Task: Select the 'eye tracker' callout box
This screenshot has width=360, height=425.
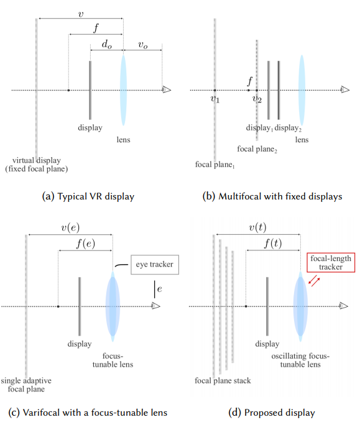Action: coord(152,265)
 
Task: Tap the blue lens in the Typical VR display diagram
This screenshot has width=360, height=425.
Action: coord(123,89)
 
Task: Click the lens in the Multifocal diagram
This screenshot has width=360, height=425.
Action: coord(302,89)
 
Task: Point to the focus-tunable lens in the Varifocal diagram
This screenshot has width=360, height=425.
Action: coord(113,306)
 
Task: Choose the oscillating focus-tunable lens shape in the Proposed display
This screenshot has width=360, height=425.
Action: coord(301,306)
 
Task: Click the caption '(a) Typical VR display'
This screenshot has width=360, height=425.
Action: coord(88,196)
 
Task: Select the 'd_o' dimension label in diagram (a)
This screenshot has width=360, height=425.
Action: coord(106,44)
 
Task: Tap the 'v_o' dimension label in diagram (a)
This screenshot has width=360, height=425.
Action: coord(142,44)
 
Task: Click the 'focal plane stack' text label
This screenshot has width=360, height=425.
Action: coord(223,380)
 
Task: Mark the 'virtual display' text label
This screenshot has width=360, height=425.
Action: coord(37,164)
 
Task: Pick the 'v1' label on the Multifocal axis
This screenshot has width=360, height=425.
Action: coord(215,99)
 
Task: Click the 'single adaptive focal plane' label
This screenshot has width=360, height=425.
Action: coord(26,385)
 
